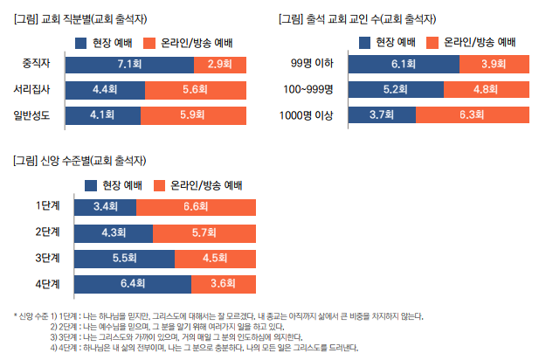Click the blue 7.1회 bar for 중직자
pos(129,63)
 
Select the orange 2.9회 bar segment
pos(219,63)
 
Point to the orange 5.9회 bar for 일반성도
pos(194,114)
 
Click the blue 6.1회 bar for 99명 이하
pos(403,63)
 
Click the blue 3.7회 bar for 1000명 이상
pos(381,114)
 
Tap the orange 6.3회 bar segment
pos(472,114)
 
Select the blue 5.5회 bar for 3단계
pos(125,258)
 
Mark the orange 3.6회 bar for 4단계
pos(224,283)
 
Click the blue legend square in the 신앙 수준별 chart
pos(91,185)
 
